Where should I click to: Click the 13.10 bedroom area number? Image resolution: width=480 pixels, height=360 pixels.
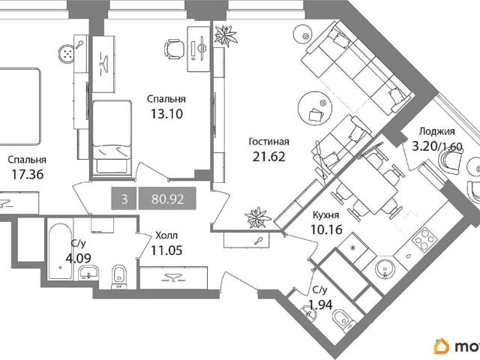(166, 114)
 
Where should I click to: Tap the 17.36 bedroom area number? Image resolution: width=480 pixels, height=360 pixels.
(28, 175)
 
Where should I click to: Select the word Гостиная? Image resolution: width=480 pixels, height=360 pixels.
(269, 142)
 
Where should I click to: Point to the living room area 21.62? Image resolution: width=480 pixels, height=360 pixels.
(269, 157)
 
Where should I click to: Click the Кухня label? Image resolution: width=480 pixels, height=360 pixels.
(325, 215)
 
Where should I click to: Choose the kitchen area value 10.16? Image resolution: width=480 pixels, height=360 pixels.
(326, 229)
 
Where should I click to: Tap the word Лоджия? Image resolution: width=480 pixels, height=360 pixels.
(436, 131)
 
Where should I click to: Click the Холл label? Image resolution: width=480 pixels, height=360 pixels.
(166, 235)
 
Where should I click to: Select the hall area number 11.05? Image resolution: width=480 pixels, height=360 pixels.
(166, 250)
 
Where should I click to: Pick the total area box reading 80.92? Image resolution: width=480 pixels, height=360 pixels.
(167, 198)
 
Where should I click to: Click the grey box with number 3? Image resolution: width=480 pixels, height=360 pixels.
(124, 198)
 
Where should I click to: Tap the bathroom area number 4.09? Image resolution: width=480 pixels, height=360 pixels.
(78, 258)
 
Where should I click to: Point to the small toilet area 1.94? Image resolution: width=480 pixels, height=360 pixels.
(320, 304)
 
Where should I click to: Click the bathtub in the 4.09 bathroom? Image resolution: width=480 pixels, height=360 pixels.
(60, 252)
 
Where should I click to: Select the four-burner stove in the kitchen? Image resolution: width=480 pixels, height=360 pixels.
(423, 240)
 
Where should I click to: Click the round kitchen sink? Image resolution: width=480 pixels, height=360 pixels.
(385, 268)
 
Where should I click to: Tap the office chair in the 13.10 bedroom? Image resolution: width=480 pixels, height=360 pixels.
(174, 49)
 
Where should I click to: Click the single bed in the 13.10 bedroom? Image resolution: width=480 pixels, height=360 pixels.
(112, 138)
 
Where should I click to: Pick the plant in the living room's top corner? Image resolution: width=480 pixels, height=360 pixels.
(225, 35)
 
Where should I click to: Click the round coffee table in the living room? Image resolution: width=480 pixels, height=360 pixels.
(315, 108)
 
